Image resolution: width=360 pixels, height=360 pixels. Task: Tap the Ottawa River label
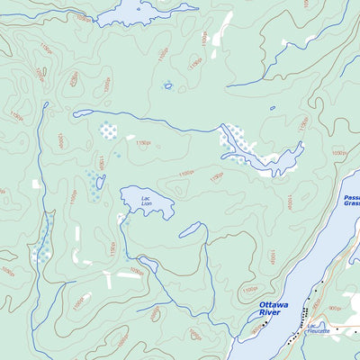click(x=274, y=309)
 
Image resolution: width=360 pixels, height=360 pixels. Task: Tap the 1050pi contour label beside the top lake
click(x=84, y=18)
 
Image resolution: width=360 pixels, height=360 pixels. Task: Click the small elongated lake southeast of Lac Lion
click(x=193, y=230)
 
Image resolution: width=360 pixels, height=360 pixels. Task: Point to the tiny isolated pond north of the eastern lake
click(x=273, y=109)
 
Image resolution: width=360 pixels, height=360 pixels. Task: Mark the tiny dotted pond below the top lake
click(x=167, y=86)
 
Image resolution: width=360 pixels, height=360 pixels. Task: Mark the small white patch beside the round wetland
click(x=130, y=138)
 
